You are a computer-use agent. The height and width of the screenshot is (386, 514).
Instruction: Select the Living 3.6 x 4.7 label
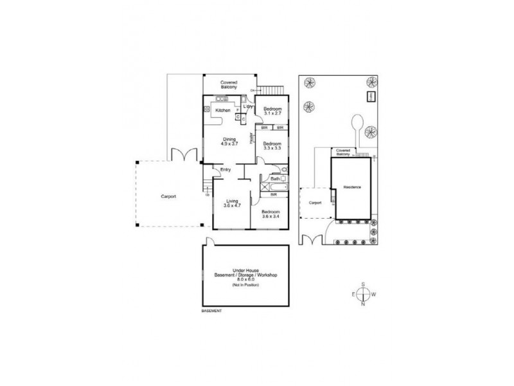point(231,204)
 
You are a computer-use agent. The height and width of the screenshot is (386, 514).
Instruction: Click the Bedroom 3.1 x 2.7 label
point(273,111)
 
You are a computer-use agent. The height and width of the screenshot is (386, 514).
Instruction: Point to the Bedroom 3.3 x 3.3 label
point(273,145)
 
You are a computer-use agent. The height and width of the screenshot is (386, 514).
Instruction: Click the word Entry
point(226,169)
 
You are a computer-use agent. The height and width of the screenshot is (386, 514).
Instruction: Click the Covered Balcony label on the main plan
point(229,84)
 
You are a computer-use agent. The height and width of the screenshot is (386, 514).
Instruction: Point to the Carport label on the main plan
point(168,196)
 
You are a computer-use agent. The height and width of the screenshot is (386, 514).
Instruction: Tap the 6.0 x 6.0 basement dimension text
point(245,280)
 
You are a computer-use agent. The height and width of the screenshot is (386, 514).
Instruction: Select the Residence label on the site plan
point(351,187)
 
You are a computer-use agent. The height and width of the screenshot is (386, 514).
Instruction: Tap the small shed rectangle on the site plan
point(371,96)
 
